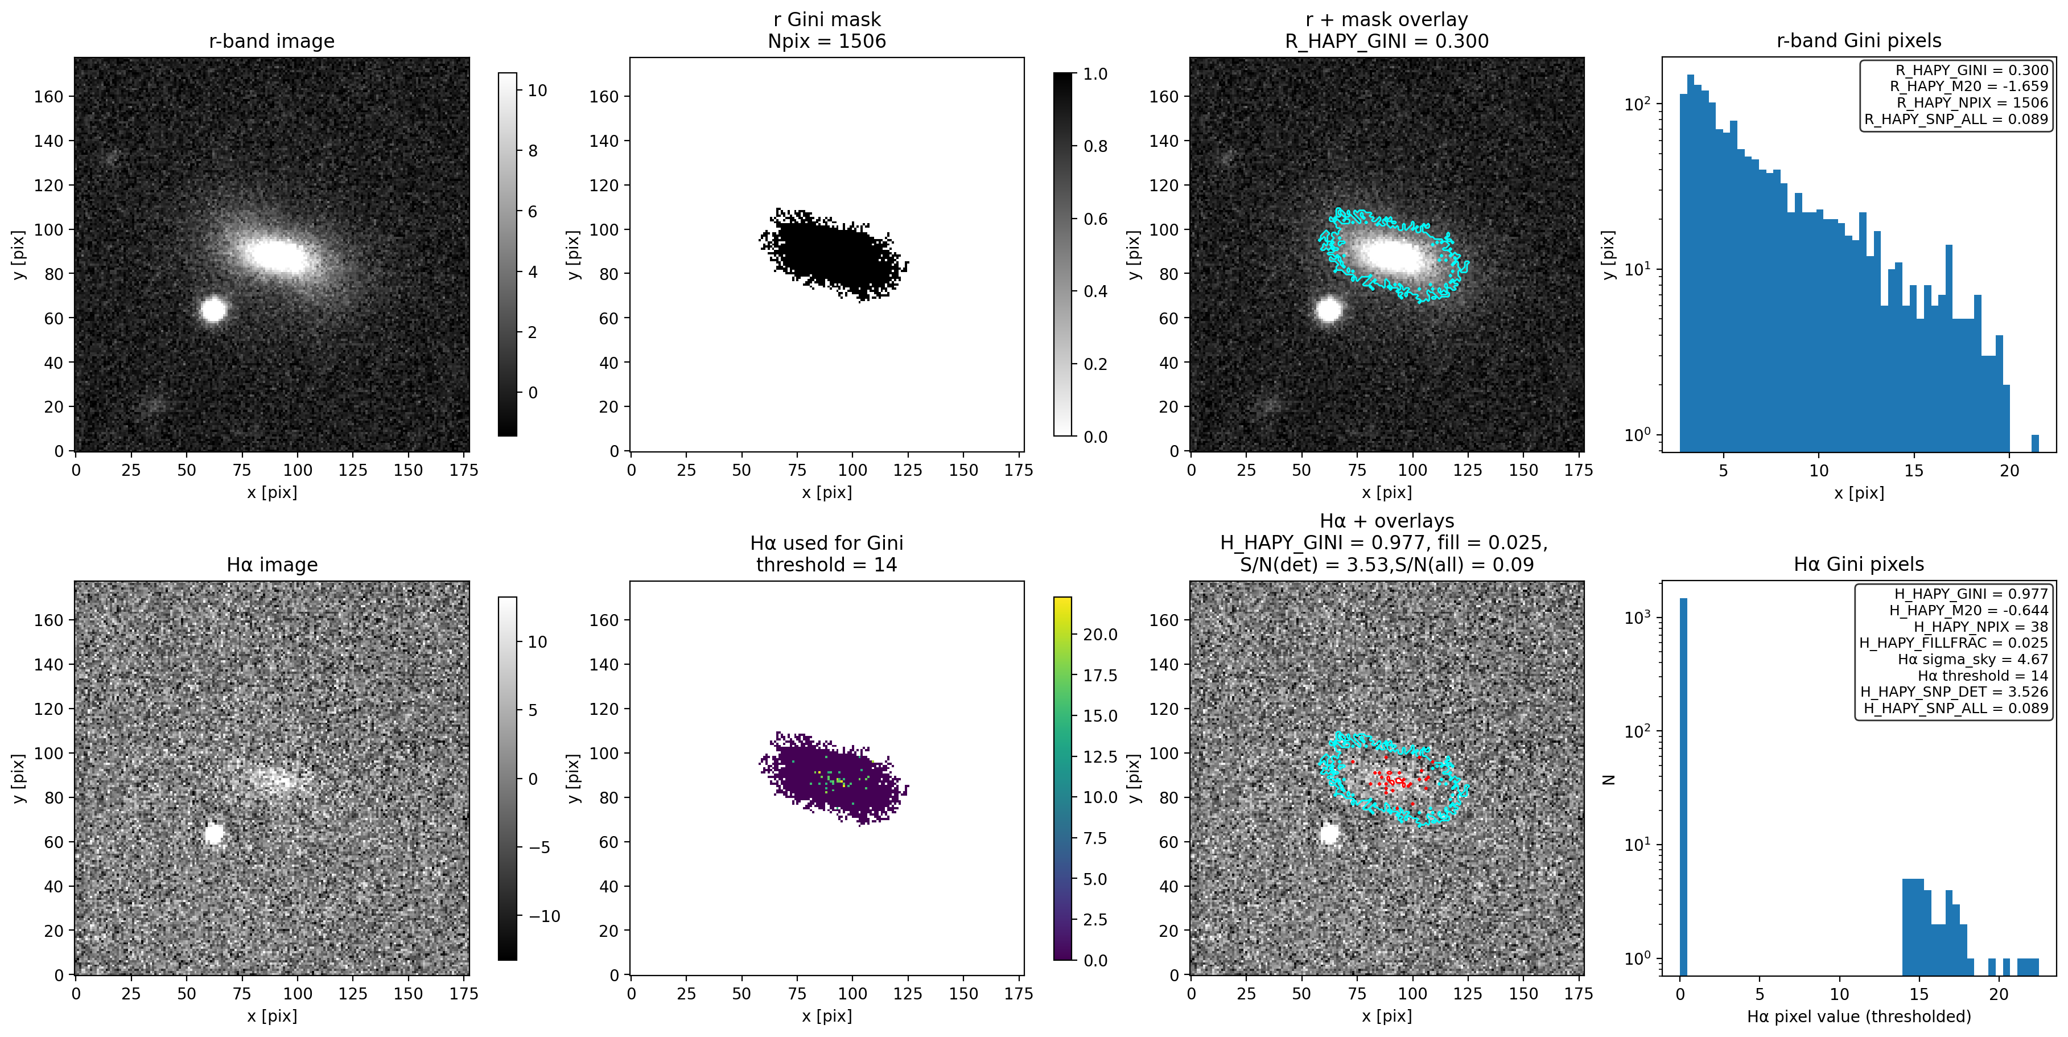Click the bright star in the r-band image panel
click(213, 309)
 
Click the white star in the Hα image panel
click(213, 833)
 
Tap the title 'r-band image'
click(271, 41)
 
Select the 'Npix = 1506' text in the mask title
click(826, 41)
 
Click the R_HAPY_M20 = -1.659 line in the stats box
click(1968, 87)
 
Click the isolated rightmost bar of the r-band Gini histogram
click(2034, 443)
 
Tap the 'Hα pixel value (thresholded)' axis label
click(1859, 1016)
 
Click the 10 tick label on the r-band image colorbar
click(537, 90)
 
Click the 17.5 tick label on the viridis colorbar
click(1100, 676)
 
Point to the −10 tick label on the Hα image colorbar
click(543, 916)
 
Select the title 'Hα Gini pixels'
click(1859, 564)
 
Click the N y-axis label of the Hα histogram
click(1608, 779)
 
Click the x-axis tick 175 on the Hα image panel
click(463, 994)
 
